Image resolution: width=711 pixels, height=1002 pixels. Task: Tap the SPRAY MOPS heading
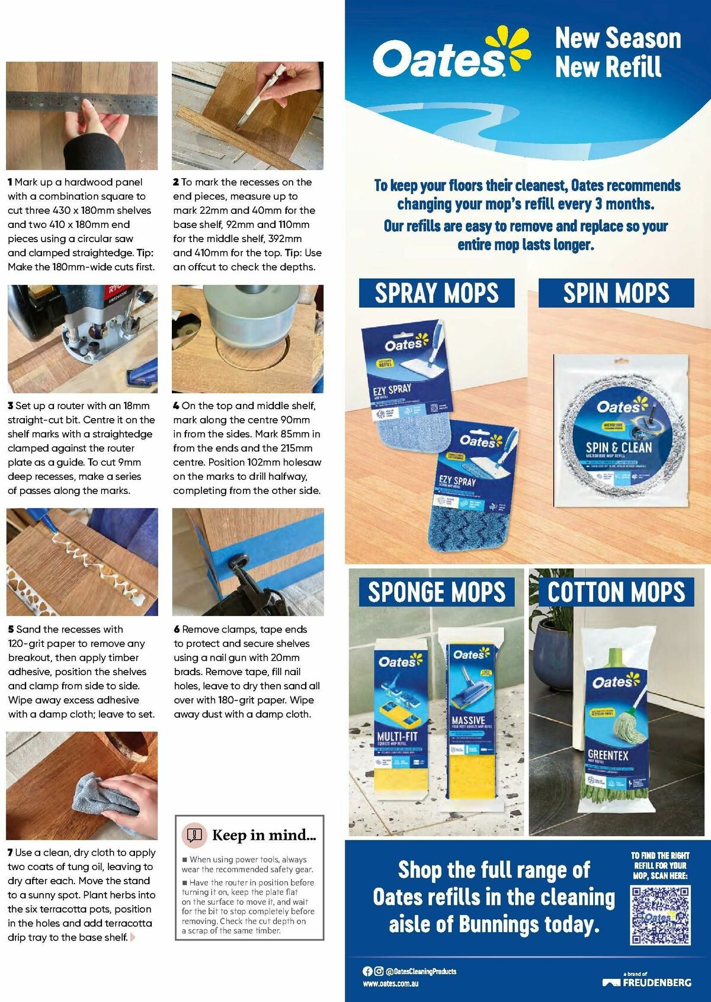point(437,293)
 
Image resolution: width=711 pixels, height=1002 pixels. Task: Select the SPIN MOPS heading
point(616,293)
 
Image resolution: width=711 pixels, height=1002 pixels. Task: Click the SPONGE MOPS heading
point(437,592)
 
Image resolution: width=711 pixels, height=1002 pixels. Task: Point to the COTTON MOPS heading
point(616,592)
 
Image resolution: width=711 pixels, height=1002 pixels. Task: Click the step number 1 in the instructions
point(10,182)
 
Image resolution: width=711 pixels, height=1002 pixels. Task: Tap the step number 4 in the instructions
point(176,406)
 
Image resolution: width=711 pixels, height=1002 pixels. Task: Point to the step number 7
point(10,853)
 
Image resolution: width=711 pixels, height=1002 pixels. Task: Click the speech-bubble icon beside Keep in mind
point(194,835)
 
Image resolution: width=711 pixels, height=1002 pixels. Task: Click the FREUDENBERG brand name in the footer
point(656,982)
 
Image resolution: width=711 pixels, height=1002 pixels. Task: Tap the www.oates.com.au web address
point(390,983)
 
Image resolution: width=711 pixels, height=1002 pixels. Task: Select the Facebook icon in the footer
point(367,971)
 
